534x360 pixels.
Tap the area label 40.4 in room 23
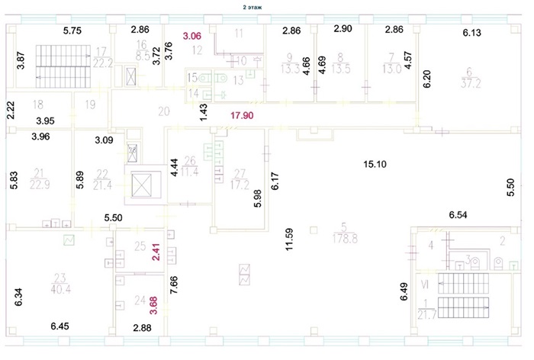(x=53, y=289)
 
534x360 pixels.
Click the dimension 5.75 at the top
(x=72, y=31)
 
